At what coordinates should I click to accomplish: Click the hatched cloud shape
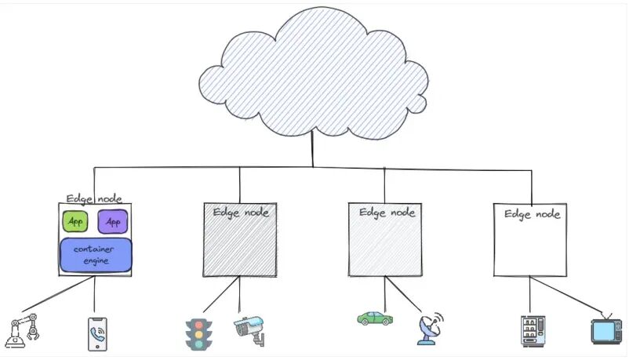[x=314, y=75]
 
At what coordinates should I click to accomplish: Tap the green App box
[x=75, y=221]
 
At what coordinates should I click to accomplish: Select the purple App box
[x=112, y=221]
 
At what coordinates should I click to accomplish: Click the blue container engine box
[x=96, y=255]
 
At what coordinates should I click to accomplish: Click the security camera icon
[x=249, y=329]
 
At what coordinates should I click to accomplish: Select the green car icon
[x=375, y=318]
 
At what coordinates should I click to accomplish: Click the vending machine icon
[x=531, y=332]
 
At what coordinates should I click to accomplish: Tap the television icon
[x=606, y=331]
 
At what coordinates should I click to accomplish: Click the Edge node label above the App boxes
[x=94, y=198]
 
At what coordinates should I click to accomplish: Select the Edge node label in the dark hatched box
[x=240, y=213]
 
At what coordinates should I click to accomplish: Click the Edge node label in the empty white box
[x=531, y=213]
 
